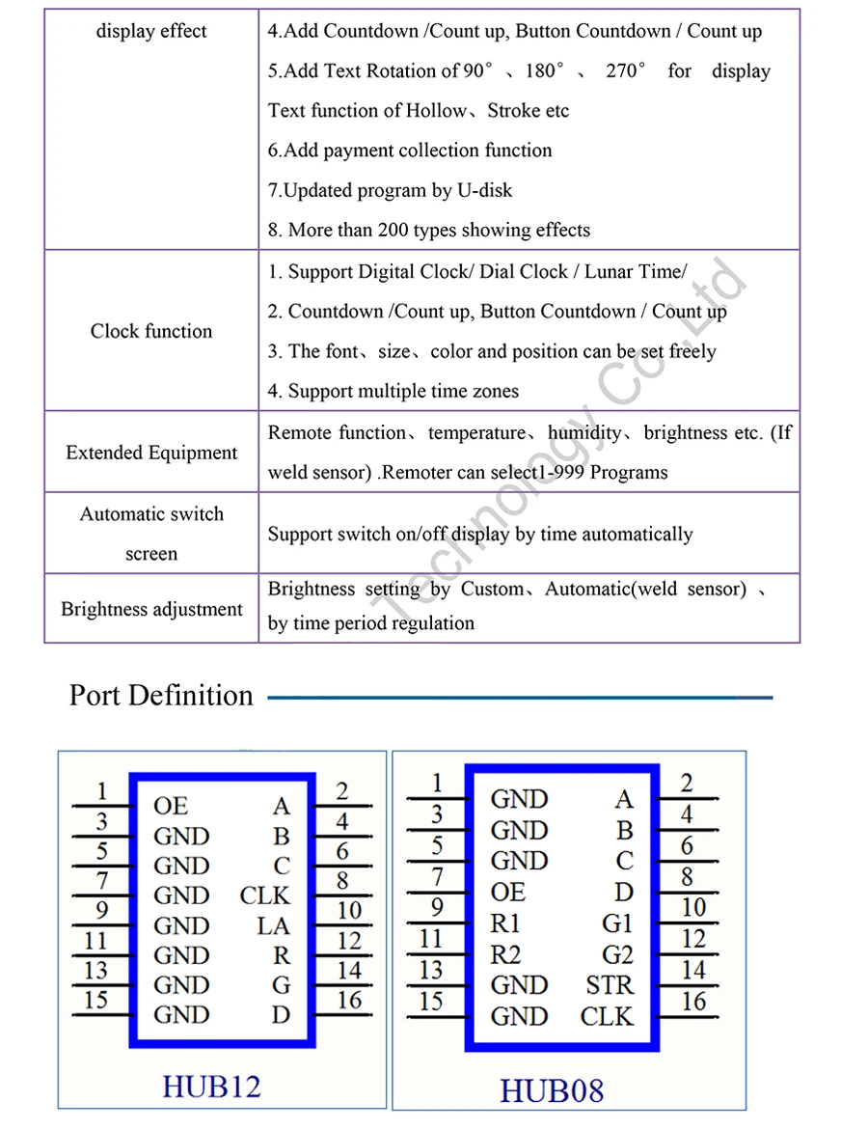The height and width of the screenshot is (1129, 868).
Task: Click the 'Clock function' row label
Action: click(151, 331)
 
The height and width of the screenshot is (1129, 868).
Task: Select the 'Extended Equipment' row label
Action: click(151, 453)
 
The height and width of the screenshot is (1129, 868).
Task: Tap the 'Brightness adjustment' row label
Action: click(151, 609)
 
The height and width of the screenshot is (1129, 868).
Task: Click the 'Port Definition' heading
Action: click(161, 695)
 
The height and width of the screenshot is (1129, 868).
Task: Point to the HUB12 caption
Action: click(211, 1086)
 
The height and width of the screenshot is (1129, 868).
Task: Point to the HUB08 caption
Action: click(552, 1090)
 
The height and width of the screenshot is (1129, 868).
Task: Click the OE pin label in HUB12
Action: click(171, 806)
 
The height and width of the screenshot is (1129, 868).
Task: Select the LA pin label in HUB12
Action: click(273, 925)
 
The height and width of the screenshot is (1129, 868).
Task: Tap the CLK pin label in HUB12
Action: click(264, 895)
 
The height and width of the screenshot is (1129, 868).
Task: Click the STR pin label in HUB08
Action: click(610, 985)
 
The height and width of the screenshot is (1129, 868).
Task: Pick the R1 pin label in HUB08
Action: click(505, 923)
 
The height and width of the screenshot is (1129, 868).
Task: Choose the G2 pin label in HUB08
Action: click(617, 954)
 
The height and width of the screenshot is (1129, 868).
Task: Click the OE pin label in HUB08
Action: click(508, 892)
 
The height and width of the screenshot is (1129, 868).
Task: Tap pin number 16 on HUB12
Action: click(349, 1000)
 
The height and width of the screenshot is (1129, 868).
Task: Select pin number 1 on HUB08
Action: click(437, 783)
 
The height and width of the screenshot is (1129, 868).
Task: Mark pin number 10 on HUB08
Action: click(693, 908)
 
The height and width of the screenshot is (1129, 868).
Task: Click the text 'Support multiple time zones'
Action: click(403, 391)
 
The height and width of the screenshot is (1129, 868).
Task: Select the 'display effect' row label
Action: click(151, 31)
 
